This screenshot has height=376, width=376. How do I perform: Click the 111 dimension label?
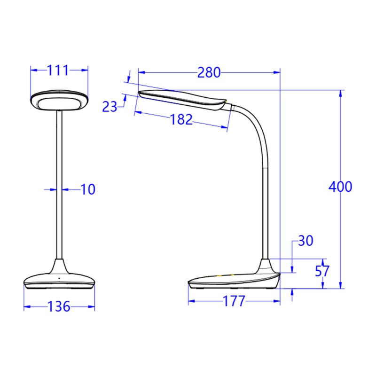click(58, 70)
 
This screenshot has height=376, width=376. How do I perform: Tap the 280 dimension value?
click(209, 72)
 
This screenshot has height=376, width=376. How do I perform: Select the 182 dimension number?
click(181, 119)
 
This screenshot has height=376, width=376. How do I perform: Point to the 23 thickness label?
click(110, 107)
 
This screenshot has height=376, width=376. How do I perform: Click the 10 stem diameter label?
click(87, 189)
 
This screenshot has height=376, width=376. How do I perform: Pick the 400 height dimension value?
click(340, 187)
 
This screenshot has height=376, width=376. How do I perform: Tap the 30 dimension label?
click(305, 241)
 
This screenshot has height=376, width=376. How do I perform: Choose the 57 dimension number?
click(322, 271)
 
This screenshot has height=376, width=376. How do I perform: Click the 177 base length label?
click(234, 301)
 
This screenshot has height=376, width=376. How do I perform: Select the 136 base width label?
click(59, 307)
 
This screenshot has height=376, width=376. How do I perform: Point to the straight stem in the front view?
click(59, 188)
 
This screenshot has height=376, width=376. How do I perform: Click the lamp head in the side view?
click(183, 99)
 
